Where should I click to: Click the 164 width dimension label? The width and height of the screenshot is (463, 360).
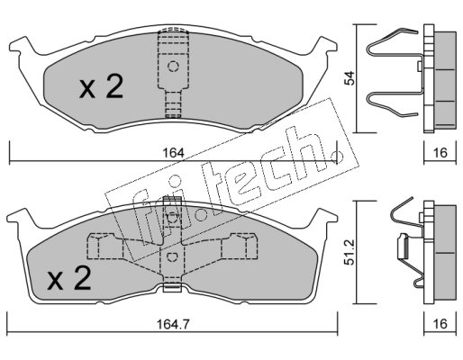[x=173, y=153]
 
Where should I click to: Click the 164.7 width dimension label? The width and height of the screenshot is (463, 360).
[x=174, y=324]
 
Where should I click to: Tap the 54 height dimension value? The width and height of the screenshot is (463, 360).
[x=350, y=78]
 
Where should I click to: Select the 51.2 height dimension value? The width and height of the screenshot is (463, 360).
[x=350, y=252]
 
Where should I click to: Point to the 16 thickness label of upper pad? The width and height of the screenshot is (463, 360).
[x=440, y=153]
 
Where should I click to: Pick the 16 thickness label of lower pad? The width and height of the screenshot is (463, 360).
[x=440, y=324]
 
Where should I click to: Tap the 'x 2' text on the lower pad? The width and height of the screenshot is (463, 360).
[x=68, y=278]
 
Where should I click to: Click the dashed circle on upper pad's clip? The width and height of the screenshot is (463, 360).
[x=173, y=66]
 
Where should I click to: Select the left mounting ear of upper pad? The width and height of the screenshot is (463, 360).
[x=21, y=48]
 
